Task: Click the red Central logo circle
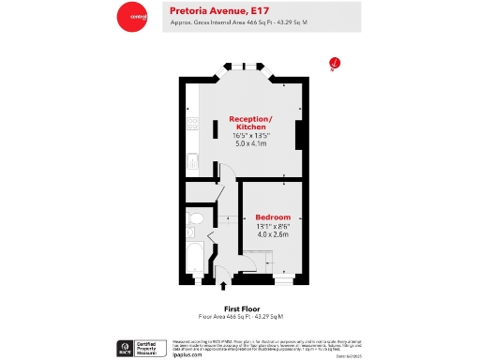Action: pos(131,17)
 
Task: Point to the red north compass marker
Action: pos(335,64)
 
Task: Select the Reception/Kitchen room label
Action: pos(251,122)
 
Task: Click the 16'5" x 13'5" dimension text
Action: pos(250,135)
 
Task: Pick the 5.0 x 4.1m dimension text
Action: pos(250,143)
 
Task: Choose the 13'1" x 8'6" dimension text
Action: pos(273,226)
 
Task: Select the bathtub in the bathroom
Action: pos(195,258)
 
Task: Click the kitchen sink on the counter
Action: pos(191,161)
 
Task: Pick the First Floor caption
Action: pos(240,308)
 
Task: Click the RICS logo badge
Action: pos(124,349)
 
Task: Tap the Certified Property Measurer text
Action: pos(149,349)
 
